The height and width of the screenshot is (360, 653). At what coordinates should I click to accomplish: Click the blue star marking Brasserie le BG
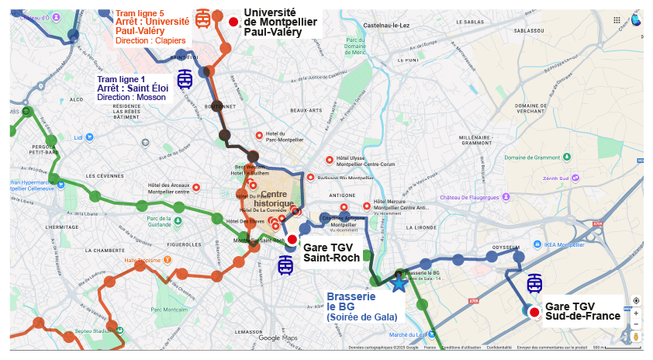click(x=399, y=283)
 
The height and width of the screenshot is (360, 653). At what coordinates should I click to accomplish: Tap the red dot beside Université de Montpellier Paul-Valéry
click(x=233, y=22)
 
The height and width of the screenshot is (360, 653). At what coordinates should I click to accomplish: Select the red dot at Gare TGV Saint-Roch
click(x=292, y=240)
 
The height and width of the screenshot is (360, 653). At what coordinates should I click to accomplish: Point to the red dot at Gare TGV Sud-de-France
click(x=534, y=311)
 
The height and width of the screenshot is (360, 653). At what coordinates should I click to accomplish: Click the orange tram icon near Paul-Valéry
click(x=203, y=19)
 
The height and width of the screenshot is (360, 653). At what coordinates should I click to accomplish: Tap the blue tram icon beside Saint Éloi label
click(x=185, y=79)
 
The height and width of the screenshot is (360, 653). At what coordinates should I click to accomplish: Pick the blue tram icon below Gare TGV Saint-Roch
click(x=285, y=266)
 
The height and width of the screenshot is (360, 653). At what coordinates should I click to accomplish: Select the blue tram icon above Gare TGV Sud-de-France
click(x=534, y=283)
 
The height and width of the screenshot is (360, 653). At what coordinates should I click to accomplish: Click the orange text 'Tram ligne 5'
click(x=140, y=13)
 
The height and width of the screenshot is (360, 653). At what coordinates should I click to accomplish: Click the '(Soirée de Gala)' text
click(x=361, y=317)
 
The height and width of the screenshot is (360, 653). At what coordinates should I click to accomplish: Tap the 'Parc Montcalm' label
click(x=165, y=310)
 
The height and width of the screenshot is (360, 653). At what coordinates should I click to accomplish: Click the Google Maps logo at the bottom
click(x=278, y=337)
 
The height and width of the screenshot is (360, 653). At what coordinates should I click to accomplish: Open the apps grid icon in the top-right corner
click(x=617, y=20)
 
